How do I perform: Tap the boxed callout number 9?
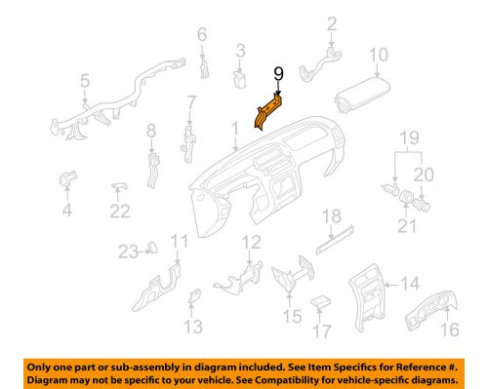[x=278, y=73]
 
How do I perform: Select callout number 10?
[x=379, y=55]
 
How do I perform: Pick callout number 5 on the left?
[x=85, y=81]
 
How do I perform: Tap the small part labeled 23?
[x=154, y=251]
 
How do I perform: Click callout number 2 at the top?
[x=332, y=23]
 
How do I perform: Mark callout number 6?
[x=202, y=36]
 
